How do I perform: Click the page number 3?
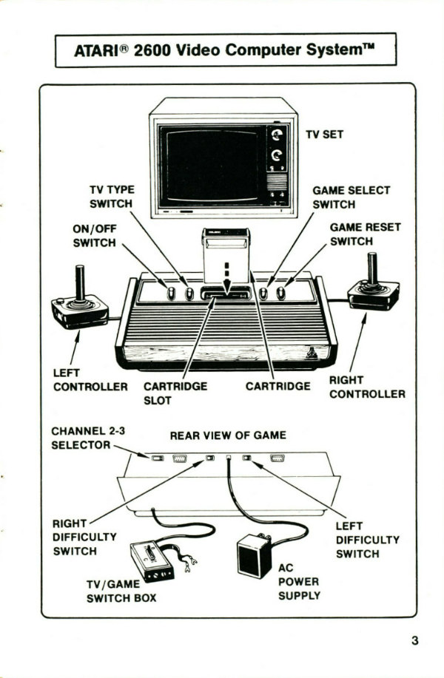point(414,640)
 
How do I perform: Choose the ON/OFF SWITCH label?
point(94,235)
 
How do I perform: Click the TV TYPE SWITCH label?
point(111,197)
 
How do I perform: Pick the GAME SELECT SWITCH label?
point(351,197)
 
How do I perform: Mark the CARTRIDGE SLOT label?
point(175,393)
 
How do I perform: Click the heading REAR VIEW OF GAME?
point(228,435)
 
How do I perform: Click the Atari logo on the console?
point(314,353)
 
